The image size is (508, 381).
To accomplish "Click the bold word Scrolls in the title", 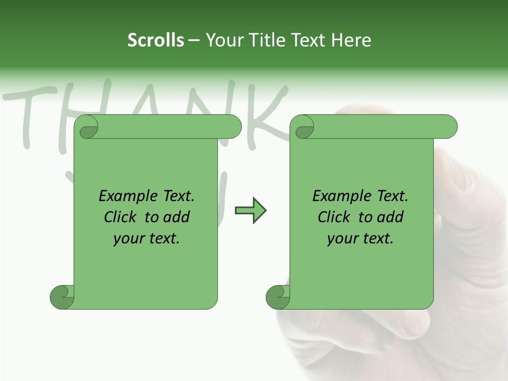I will click(156, 40).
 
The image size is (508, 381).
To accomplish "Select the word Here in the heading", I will click(351, 40).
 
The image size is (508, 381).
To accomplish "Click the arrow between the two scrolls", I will click(250, 210).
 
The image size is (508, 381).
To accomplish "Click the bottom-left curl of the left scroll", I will click(61, 297).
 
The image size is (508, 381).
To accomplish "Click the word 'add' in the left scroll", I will click(177, 217).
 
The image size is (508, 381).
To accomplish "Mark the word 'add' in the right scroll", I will click(391, 217).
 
